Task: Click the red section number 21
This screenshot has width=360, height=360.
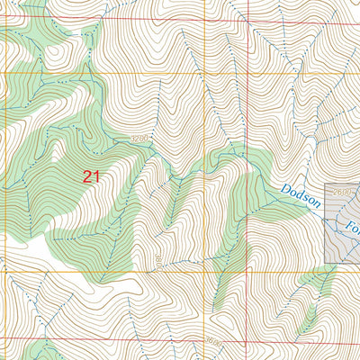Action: tap(90, 176)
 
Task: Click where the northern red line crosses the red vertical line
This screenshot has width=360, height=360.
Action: tap(245, 17)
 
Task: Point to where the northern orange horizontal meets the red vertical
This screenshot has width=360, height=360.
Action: tap(245, 73)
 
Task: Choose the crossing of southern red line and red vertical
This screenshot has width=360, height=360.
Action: tap(245, 341)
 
